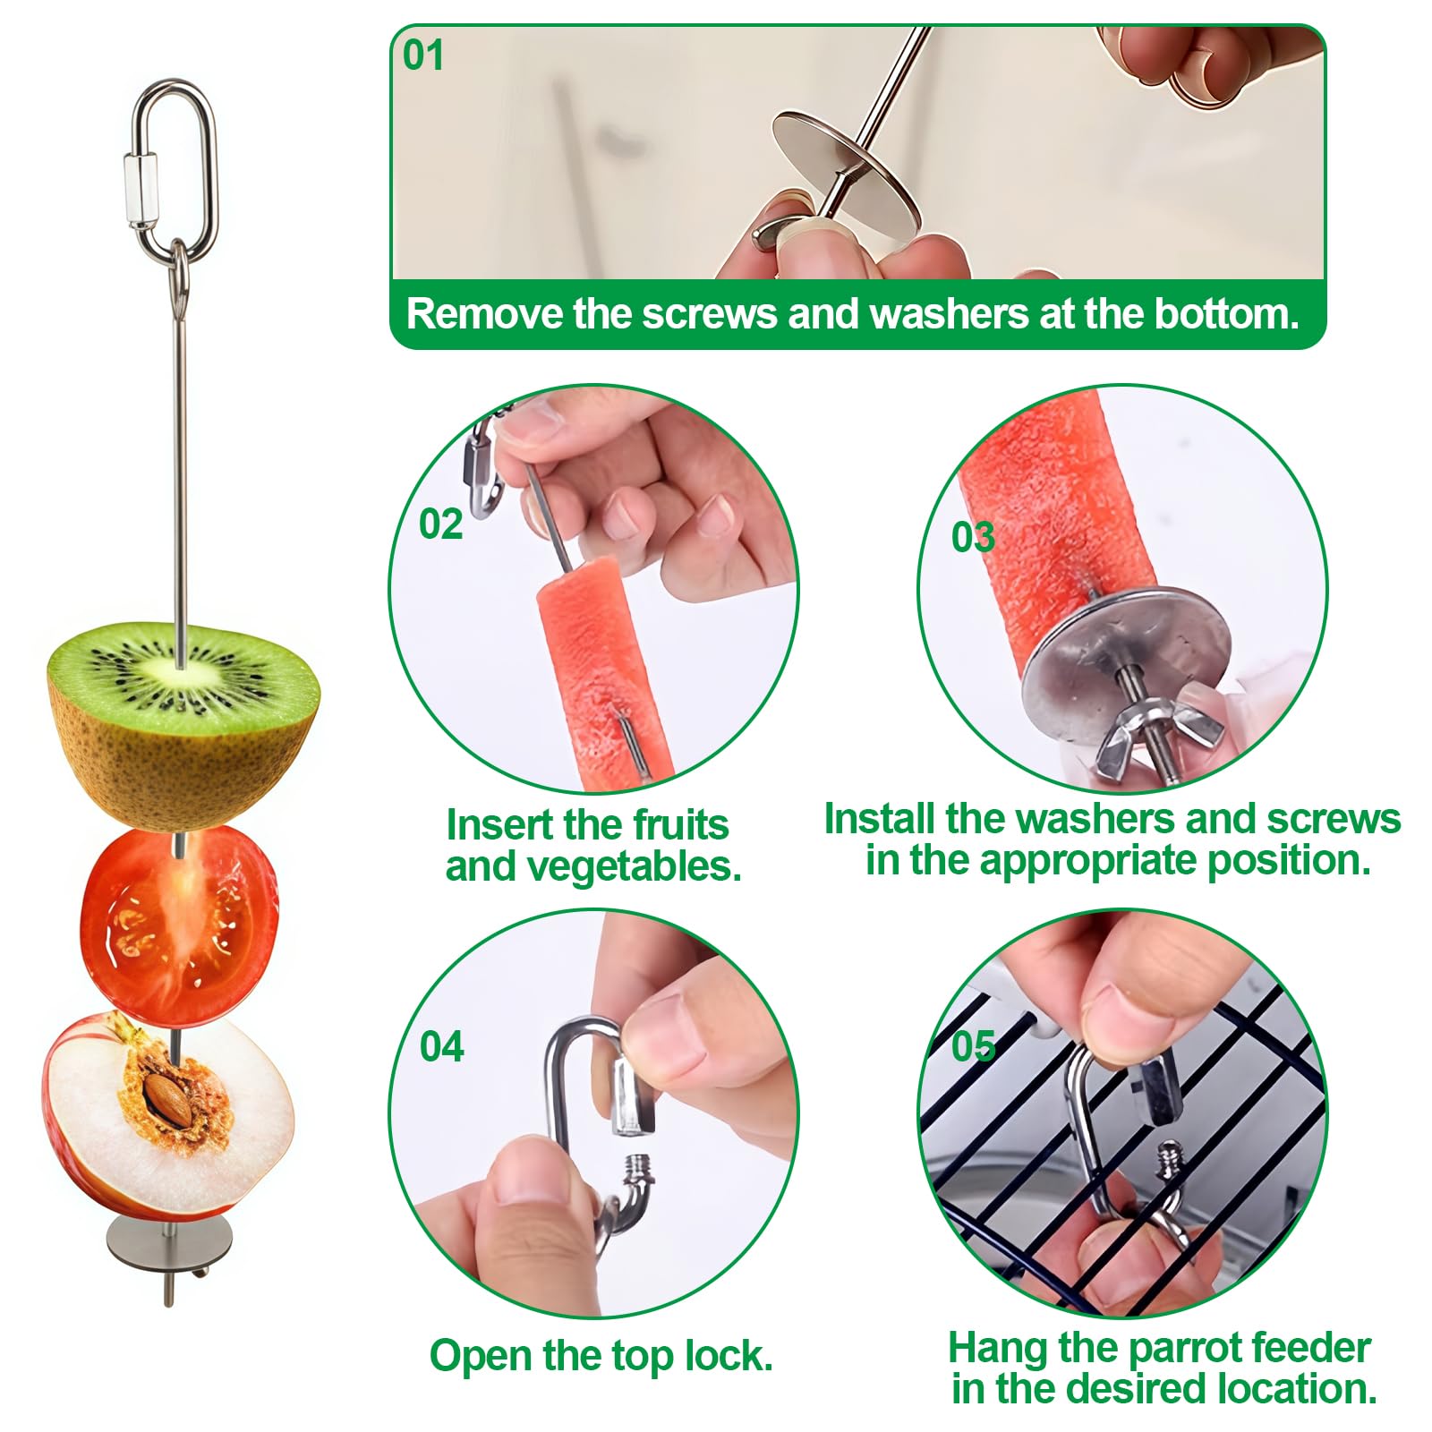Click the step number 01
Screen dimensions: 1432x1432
coord(423,55)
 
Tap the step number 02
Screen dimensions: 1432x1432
coord(440,524)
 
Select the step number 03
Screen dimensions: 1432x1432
coord(973,538)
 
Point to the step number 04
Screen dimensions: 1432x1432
coord(441,1047)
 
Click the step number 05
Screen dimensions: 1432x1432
coord(973,1046)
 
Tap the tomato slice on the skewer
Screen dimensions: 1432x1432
coord(179,926)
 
